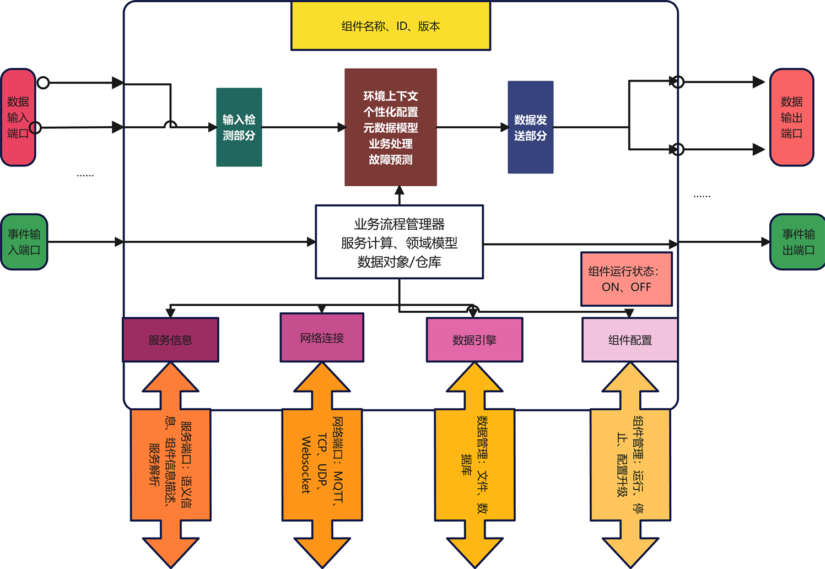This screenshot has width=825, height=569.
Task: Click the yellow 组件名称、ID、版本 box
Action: click(x=390, y=26)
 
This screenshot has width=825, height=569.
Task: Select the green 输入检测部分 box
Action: click(x=239, y=127)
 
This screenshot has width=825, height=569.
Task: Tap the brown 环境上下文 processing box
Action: click(x=390, y=127)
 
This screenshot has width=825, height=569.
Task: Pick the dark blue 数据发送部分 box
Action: click(x=530, y=127)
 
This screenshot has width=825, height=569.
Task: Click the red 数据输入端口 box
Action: click(x=18, y=117)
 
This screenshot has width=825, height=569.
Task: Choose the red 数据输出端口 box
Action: click(x=791, y=117)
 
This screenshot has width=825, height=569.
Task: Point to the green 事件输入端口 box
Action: click(x=24, y=242)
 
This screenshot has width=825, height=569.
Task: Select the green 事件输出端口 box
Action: click(x=797, y=242)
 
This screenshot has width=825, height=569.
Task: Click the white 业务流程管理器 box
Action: click(x=399, y=242)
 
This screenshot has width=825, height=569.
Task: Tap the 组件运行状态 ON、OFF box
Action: click(x=626, y=279)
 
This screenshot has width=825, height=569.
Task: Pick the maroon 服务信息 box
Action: click(x=170, y=340)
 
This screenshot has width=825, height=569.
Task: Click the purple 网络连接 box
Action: click(x=322, y=338)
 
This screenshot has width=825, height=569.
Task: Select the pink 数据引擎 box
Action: click(x=474, y=340)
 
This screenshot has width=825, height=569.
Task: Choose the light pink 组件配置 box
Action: click(x=629, y=340)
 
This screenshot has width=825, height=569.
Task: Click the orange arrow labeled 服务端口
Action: click(x=170, y=464)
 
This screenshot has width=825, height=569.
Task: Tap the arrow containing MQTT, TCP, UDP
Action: click(x=322, y=464)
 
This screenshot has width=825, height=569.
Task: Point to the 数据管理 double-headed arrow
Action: click(x=474, y=464)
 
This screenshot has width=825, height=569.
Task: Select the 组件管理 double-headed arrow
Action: click(x=630, y=464)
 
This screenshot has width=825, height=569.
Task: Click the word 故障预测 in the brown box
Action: click(x=390, y=160)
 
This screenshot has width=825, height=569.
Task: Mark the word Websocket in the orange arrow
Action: click(x=306, y=464)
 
